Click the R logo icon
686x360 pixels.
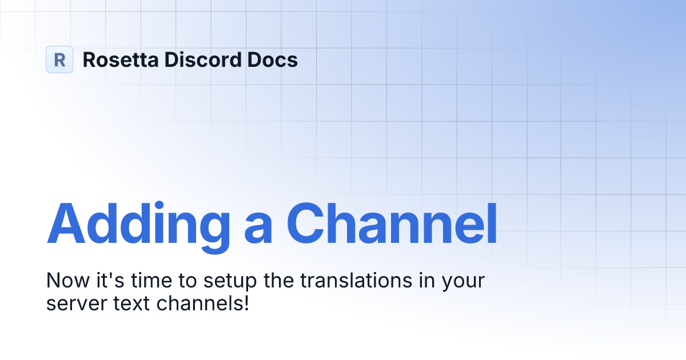coord(59,59)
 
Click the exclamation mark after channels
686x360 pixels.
coord(246,302)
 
